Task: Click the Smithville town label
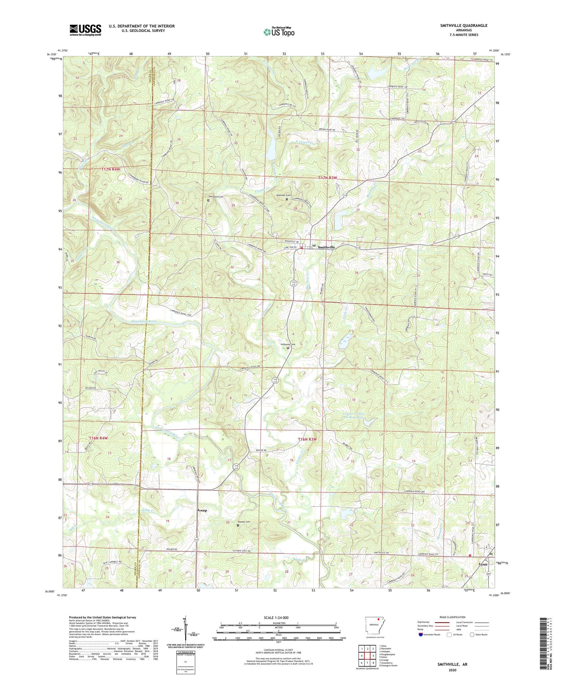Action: [x=326, y=248]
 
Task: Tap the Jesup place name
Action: [x=202, y=510]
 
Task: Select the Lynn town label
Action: [x=483, y=565]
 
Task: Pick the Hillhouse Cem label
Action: [x=288, y=344]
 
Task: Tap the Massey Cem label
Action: [x=243, y=522]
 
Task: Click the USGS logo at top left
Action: [x=85, y=30]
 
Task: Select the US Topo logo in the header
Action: [x=279, y=32]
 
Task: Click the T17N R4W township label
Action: [x=111, y=169]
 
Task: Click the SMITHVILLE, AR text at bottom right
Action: [x=453, y=665]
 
